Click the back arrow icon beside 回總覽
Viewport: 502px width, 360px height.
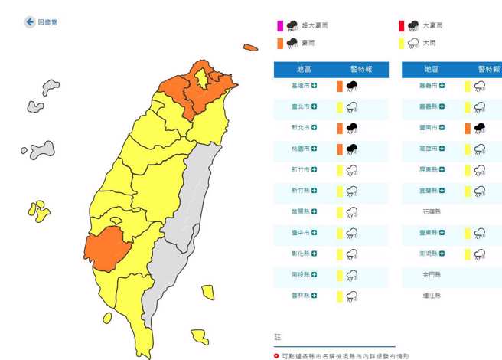click(30, 22)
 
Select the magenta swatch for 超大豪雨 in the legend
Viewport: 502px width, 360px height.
click(280, 26)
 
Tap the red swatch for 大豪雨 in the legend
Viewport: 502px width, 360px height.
click(400, 26)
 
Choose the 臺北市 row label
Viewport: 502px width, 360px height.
click(300, 107)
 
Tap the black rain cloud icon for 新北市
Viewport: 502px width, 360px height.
click(352, 128)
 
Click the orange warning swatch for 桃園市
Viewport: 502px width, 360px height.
click(339, 149)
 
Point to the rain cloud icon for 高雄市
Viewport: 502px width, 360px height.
click(479, 149)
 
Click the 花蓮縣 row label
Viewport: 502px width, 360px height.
click(432, 211)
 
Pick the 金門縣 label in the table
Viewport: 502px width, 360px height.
click(432, 273)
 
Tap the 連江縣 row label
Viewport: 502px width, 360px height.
click(432, 294)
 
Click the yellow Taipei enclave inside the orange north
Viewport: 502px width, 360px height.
click(202, 78)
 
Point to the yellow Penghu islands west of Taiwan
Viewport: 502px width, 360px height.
click(37, 209)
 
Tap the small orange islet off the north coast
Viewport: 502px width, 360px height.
click(250, 47)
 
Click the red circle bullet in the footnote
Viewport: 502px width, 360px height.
click(277, 356)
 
